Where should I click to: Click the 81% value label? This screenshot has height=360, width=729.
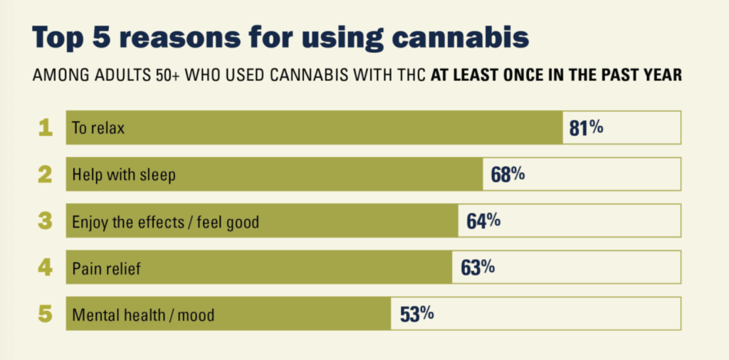tap(587, 128)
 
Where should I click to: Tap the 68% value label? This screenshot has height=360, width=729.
tap(508, 174)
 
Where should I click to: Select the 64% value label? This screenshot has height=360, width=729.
tap(483, 221)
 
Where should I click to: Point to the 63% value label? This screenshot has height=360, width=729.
tap(478, 268)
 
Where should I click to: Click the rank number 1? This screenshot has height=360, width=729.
tap(46, 128)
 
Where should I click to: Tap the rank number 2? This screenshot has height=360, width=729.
tap(46, 174)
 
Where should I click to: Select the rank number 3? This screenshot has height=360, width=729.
tap(46, 221)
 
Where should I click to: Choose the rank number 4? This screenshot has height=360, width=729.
tap(46, 268)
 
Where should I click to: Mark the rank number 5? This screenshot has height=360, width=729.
tap(46, 314)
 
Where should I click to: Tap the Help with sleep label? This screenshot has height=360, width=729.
tap(123, 175)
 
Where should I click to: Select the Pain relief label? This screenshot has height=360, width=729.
tap(107, 268)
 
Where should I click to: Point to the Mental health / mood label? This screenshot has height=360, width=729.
tap(142, 314)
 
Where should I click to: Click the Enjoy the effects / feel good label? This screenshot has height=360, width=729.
tap(165, 222)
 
